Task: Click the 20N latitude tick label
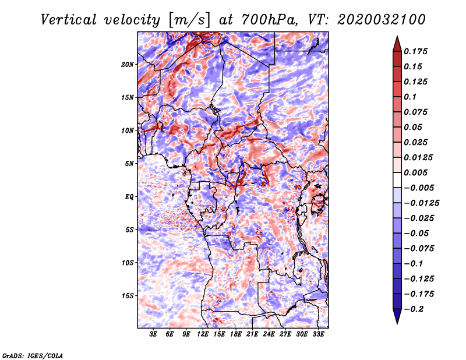coord(128,65)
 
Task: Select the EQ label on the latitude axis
coord(129,197)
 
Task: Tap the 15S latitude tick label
coord(128,296)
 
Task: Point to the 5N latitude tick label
coord(129,164)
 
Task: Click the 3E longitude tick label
coord(153,334)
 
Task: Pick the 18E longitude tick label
coord(236,334)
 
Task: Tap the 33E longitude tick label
coord(318,334)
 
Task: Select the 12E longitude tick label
coord(203,334)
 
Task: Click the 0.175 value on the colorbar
coord(416,51)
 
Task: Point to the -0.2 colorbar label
coord(414,309)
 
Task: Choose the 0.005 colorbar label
coord(416,172)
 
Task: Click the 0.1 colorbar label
coord(410,97)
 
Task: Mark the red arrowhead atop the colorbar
coord(397,44)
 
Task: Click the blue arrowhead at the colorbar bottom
coord(397,316)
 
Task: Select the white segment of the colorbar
coord(397,180)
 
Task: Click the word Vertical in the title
coord(69,20)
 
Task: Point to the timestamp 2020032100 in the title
coord(382,20)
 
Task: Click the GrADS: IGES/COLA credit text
coord(33,356)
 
